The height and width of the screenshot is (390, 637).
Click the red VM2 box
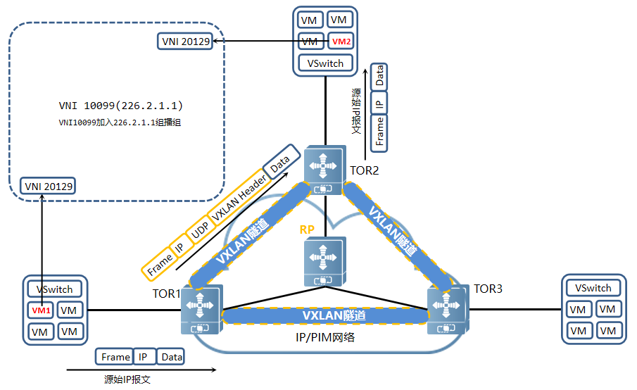pyautogui.click(x=340, y=42)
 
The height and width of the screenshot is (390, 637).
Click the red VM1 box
pyautogui.click(x=41, y=310)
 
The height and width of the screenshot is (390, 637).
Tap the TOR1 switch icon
pyautogui.click(x=201, y=310)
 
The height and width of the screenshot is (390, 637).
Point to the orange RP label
pyautogui.click(x=307, y=229)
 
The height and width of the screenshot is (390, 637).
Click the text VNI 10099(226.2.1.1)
pyautogui.click(x=121, y=106)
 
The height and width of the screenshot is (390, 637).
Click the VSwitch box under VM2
pyautogui.click(x=325, y=63)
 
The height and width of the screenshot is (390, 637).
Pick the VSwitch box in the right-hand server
pyautogui.click(x=593, y=288)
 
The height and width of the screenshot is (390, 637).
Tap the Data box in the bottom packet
pyautogui.click(x=171, y=357)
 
